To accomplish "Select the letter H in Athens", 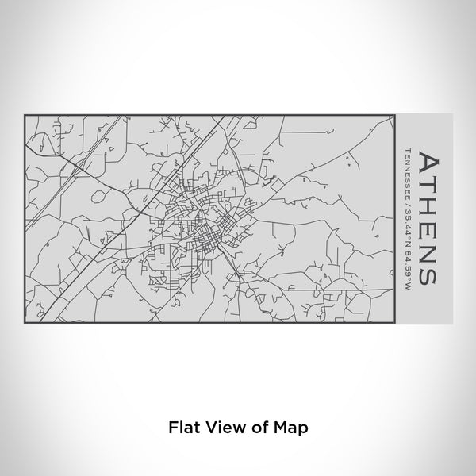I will tap(425, 207).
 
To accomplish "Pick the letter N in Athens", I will tap(425, 250).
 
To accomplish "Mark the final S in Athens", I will tap(425, 272).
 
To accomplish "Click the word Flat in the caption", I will tap(182, 426).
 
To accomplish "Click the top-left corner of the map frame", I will tap(25, 115).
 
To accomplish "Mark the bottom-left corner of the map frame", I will tap(25, 321).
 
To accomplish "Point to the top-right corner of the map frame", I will tap(394, 115).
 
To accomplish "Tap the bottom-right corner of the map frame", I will tap(394, 321).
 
